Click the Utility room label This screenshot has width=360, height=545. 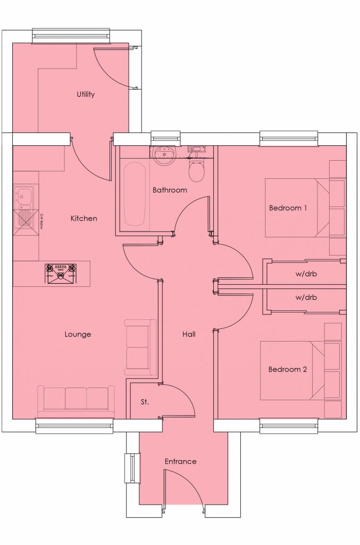(x=85, y=95)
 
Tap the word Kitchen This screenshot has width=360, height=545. (x=84, y=218)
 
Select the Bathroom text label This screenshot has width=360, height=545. (x=170, y=190)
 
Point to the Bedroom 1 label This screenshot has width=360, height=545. (x=288, y=208)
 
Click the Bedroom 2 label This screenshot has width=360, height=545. (x=287, y=369)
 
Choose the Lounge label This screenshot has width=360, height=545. (x=78, y=334)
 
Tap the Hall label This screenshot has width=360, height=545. (x=189, y=334)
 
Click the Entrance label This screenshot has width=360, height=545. (x=180, y=461)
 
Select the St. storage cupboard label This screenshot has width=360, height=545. (x=145, y=402)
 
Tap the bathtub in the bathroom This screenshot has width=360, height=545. (x=135, y=194)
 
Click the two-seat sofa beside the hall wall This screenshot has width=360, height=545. (x=140, y=347)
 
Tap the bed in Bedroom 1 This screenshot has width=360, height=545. (x=295, y=208)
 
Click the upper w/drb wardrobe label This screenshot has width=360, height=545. (x=306, y=275)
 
